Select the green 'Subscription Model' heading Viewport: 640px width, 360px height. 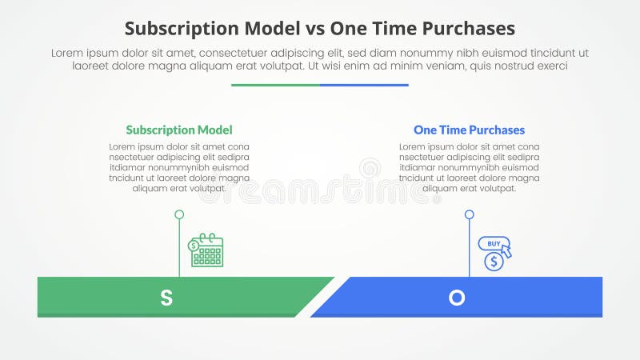pos(179,130)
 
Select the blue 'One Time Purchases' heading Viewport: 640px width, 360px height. pos(469,130)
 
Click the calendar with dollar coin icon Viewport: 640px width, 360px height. pos(206,250)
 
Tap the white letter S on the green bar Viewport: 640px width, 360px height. pos(166,298)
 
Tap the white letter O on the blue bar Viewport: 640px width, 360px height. pos(456,298)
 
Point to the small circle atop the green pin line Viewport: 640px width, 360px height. pos(179,214)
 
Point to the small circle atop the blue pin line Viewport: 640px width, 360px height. pos(470,214)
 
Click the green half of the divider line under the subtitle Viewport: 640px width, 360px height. pos(275,85)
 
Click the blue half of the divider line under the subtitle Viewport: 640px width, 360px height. pos(364,85)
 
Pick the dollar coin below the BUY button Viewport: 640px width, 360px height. pos(494,262)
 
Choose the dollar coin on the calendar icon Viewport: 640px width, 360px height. pos(194,245)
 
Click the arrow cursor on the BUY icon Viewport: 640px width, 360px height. pos(506,251)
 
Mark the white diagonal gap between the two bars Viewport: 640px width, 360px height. pos(322,298)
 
